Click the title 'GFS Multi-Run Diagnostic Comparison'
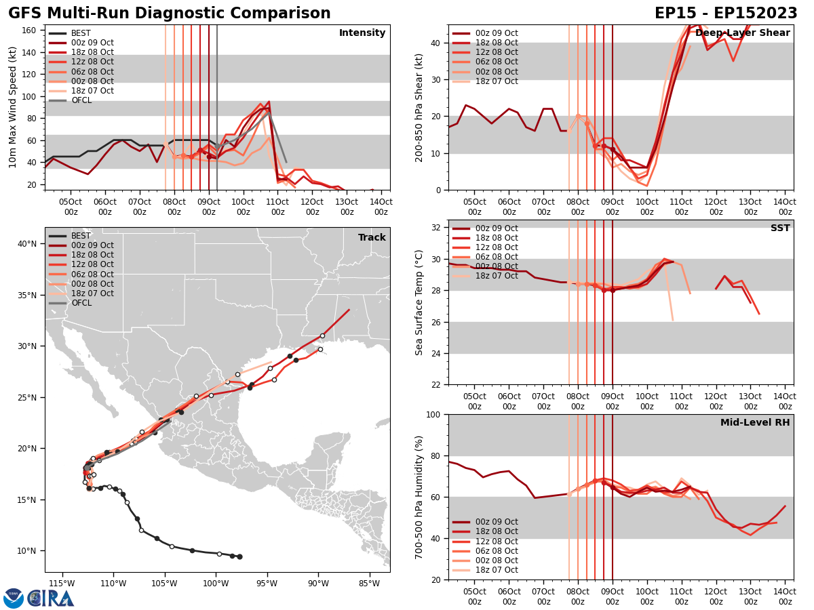click(x=169, y=14)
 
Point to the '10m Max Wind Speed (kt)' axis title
click(x=12, y=108)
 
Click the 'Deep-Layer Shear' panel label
click(x=742, y=33)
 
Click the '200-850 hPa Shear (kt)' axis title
click(x=419, y=108)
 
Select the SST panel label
click(x=779, y=228)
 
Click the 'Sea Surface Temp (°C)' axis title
click(x=419, y=302)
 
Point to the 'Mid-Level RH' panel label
click(x=755, y=423)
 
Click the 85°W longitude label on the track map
click(x=369, y=584)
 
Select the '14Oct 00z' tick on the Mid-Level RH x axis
click(x=785, y=596)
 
